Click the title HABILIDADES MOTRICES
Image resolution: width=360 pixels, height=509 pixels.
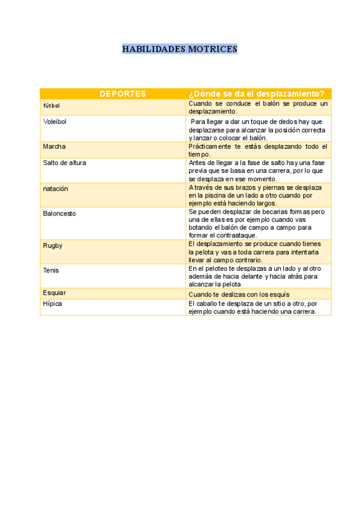pos(179,49)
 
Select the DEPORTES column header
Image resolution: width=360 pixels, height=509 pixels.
pos(122,94)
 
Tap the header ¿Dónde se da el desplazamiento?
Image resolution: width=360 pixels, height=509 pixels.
pos(257,94)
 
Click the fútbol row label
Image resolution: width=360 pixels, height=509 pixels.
pos(52,106)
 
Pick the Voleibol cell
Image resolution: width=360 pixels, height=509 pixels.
pos(55,121)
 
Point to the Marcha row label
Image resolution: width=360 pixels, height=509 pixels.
pos(54,146)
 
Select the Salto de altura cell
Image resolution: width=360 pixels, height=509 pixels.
pos(64,163)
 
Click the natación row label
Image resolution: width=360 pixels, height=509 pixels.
pos(55,188)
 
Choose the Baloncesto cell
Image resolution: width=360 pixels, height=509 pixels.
pos(59,213)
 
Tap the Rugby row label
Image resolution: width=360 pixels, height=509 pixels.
pos(52,245)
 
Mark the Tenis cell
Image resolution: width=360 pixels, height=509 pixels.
pos(51,270)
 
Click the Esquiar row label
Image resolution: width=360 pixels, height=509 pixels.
pos(54,293)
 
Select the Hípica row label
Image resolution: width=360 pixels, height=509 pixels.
pos(52,304)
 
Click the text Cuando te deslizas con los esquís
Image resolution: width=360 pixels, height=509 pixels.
pos(239,294)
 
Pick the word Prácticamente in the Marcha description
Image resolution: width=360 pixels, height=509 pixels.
pos(212,146)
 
